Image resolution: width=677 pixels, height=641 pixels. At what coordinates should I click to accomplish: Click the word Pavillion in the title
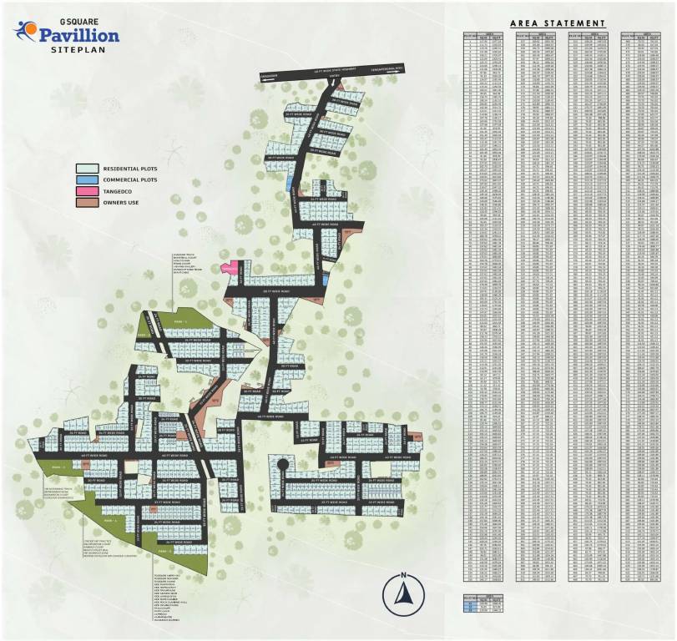[79, 34]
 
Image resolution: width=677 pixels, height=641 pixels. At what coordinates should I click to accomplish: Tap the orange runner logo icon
[25, 32]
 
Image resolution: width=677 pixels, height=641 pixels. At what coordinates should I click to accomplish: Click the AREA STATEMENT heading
[557, 23]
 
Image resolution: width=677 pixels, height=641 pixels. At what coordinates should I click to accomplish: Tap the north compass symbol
[402, 593]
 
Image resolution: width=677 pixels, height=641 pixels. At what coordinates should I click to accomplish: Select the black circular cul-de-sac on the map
[282, 464]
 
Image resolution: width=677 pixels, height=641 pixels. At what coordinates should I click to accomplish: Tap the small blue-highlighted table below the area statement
[485, 603]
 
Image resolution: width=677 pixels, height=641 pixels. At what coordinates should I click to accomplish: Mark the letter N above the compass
[402, 575]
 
